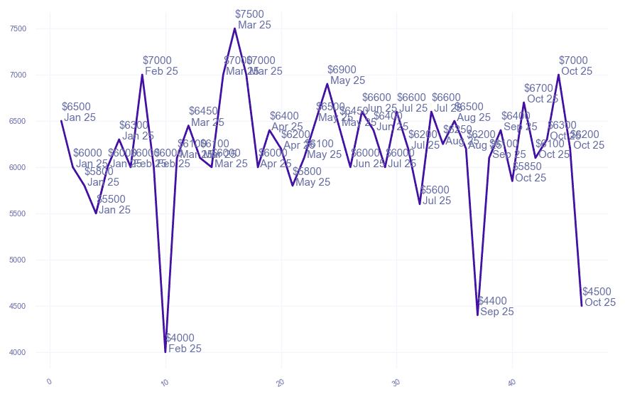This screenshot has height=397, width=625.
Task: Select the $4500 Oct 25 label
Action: [x=598, y=297]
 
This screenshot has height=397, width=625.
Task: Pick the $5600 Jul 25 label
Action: [x=435, y=195]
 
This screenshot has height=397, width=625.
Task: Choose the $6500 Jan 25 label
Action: [x=77, y=112]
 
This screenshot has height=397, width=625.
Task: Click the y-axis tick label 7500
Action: [x=18, y=28]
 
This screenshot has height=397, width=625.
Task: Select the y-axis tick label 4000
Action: [x=18, y=352]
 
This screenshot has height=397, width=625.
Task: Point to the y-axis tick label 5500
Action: [x=18, y=213]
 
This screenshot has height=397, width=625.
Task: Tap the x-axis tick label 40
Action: [x=511, y=381]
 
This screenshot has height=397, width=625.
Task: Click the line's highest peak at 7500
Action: [x=234, y=28]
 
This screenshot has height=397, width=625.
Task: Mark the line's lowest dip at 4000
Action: [x=165, y=351]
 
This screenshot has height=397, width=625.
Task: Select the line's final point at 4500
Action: [x=582, y=306]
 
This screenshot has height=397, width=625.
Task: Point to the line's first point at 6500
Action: [x=61, y=121]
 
